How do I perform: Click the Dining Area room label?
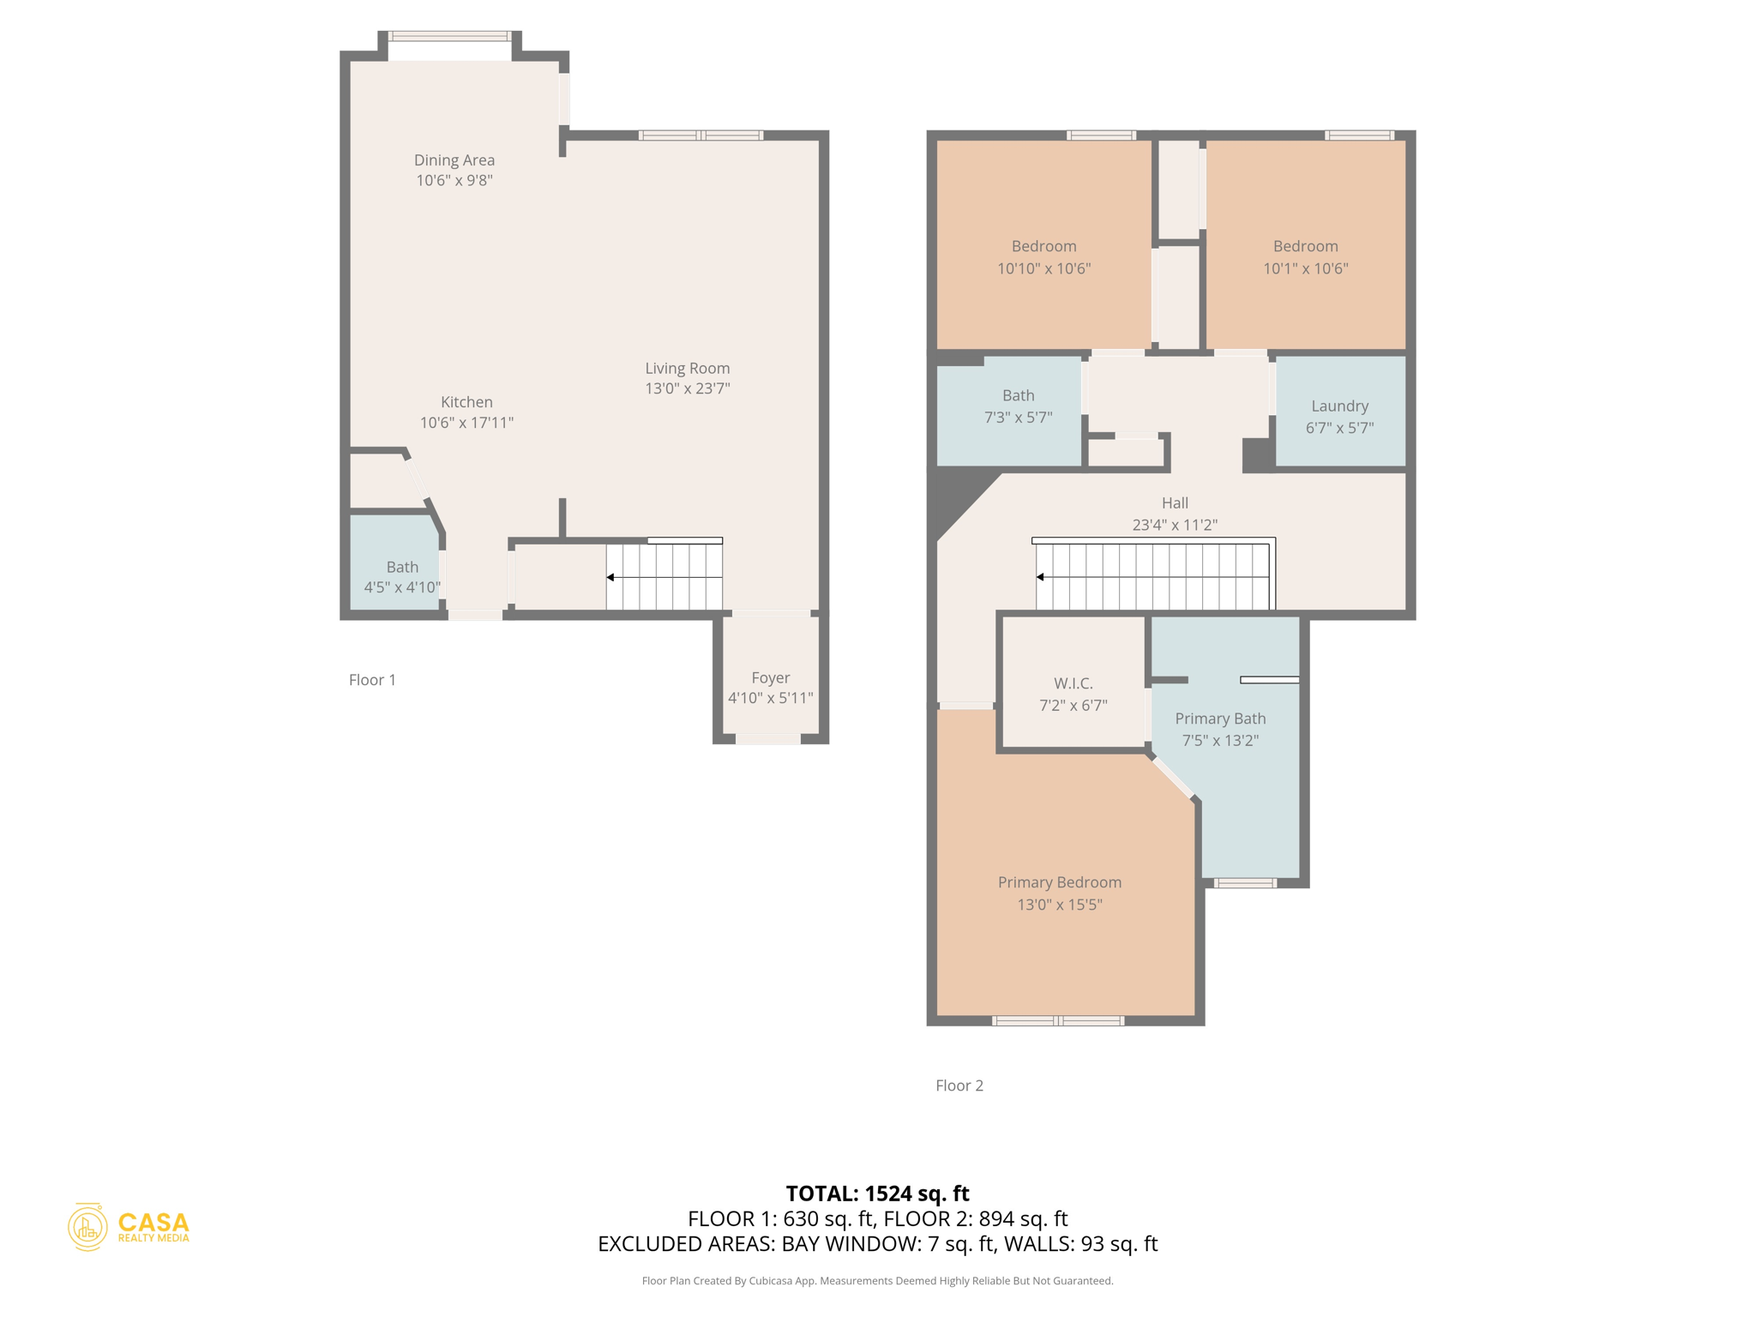click(x=454, y=160)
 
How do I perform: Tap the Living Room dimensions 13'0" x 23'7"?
click(x=687, y=388)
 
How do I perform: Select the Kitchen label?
click(x=466, y=402)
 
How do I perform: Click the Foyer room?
click(x=770, y=687)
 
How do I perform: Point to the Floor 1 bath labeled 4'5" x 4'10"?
click(x=401, y=576)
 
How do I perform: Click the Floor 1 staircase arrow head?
click(x=610, y=577)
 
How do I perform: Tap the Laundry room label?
click(x=1339, y=406)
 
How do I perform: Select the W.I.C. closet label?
click(x=1073, y=683)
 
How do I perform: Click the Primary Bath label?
click(x=1219, y=719)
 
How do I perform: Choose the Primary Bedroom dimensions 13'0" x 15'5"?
click(x=1059, y=905)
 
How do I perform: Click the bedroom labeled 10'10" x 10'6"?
click(x=1043, y=256)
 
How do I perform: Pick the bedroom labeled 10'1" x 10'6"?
click(x=1304, y=256)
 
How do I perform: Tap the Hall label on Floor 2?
click(x=1174, y=503)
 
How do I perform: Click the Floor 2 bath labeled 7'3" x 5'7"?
click(x=1018, y=406)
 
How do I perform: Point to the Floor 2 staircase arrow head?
click(x=1040, y=577)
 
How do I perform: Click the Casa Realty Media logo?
click(x=129, y=1226)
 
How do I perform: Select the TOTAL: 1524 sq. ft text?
click(x=877, y=1193)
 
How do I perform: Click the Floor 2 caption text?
click(x=959, y=1085)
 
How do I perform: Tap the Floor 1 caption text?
click(x=372, y=680)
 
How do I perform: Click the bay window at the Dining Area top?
click(x=449, y=37)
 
